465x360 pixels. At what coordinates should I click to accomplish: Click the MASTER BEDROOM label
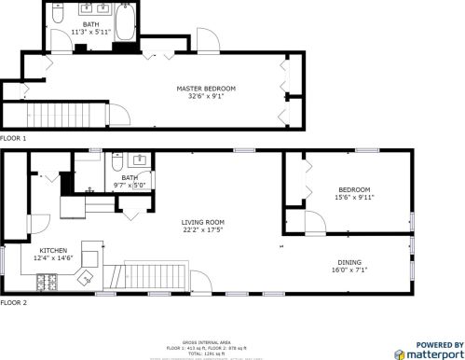206,88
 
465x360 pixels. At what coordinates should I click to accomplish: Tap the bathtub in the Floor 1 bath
127,20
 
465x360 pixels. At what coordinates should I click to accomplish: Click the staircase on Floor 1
63,115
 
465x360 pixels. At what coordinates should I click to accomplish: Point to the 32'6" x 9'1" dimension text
206,95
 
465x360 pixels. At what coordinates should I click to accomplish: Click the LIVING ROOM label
202,221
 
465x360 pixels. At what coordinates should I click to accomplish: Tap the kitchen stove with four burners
44,282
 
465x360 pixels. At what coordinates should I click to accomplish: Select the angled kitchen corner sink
83,276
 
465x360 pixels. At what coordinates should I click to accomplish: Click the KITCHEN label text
51,250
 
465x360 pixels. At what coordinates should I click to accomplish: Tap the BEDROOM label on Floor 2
354,189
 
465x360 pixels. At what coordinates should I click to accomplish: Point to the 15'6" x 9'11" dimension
354,197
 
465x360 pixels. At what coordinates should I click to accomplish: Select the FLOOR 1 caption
13,138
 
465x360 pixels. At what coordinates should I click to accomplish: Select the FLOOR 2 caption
13,303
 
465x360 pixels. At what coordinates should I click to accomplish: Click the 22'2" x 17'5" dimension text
202,229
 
